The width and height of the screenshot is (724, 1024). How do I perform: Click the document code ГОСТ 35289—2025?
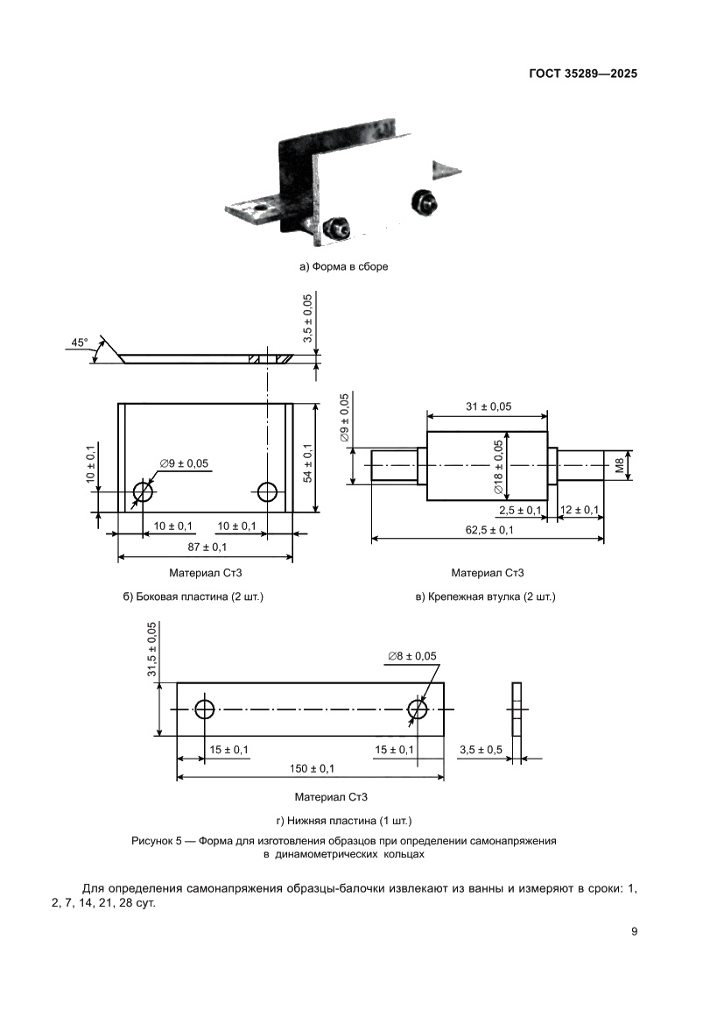tap(582, 74)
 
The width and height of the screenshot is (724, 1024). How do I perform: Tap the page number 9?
tap(634, 931)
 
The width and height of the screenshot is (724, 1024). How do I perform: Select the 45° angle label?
tap(80, 343)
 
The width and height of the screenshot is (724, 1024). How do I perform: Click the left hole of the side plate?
tap(143, 492)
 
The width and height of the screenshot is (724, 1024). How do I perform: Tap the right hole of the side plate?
tap(268, 492)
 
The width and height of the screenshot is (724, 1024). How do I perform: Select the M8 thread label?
tap(620, 466)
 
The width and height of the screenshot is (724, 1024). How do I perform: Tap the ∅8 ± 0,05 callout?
tap(411, 655)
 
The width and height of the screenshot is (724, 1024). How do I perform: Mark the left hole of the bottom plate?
tap(205, 709)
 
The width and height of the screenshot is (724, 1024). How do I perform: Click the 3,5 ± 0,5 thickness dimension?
tap(480, 750)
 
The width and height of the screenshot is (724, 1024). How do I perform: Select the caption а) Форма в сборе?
tap(343, 266)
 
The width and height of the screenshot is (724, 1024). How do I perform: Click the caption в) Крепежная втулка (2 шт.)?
tap(486, 597)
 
